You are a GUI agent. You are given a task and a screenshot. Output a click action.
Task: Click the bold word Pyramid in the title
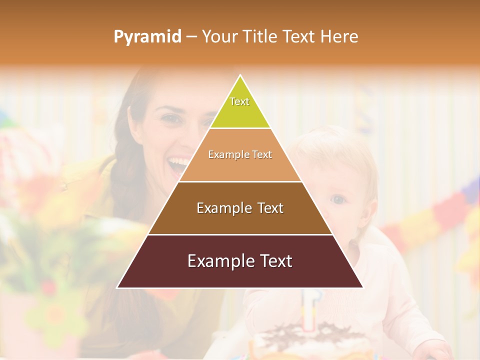coord(147,37)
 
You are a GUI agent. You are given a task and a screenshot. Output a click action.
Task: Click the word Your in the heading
coord(219,37)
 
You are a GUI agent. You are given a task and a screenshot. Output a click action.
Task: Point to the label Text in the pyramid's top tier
coord(239,101)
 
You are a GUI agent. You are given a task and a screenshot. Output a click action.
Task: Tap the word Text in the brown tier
coord(270,208)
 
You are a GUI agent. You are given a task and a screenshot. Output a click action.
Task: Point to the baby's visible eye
coord(339,199)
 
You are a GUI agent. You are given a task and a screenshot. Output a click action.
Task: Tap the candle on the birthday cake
coord(310,310)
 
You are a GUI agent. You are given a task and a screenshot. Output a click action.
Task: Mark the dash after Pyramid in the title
coord(191,37)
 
